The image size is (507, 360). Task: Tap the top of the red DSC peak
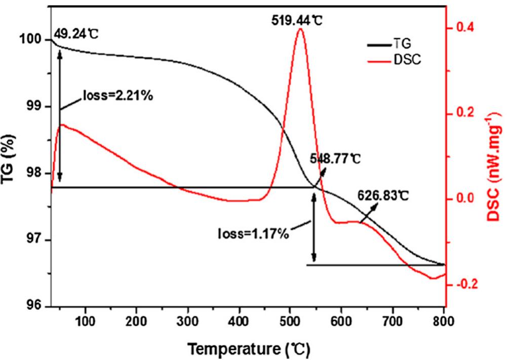click(300, 29)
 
